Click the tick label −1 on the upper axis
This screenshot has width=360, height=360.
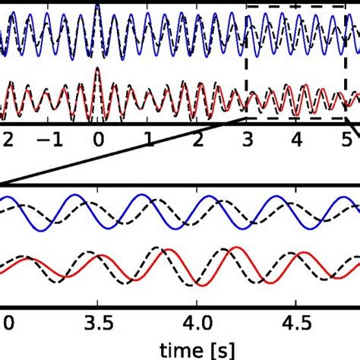46,141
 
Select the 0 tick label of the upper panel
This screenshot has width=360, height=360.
97,141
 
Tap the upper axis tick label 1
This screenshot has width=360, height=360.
147,141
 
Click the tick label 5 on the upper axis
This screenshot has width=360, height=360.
346,141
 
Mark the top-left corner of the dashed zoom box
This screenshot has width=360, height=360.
246,7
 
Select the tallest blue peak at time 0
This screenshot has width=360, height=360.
97,7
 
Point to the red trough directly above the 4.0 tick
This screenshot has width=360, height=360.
199,284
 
